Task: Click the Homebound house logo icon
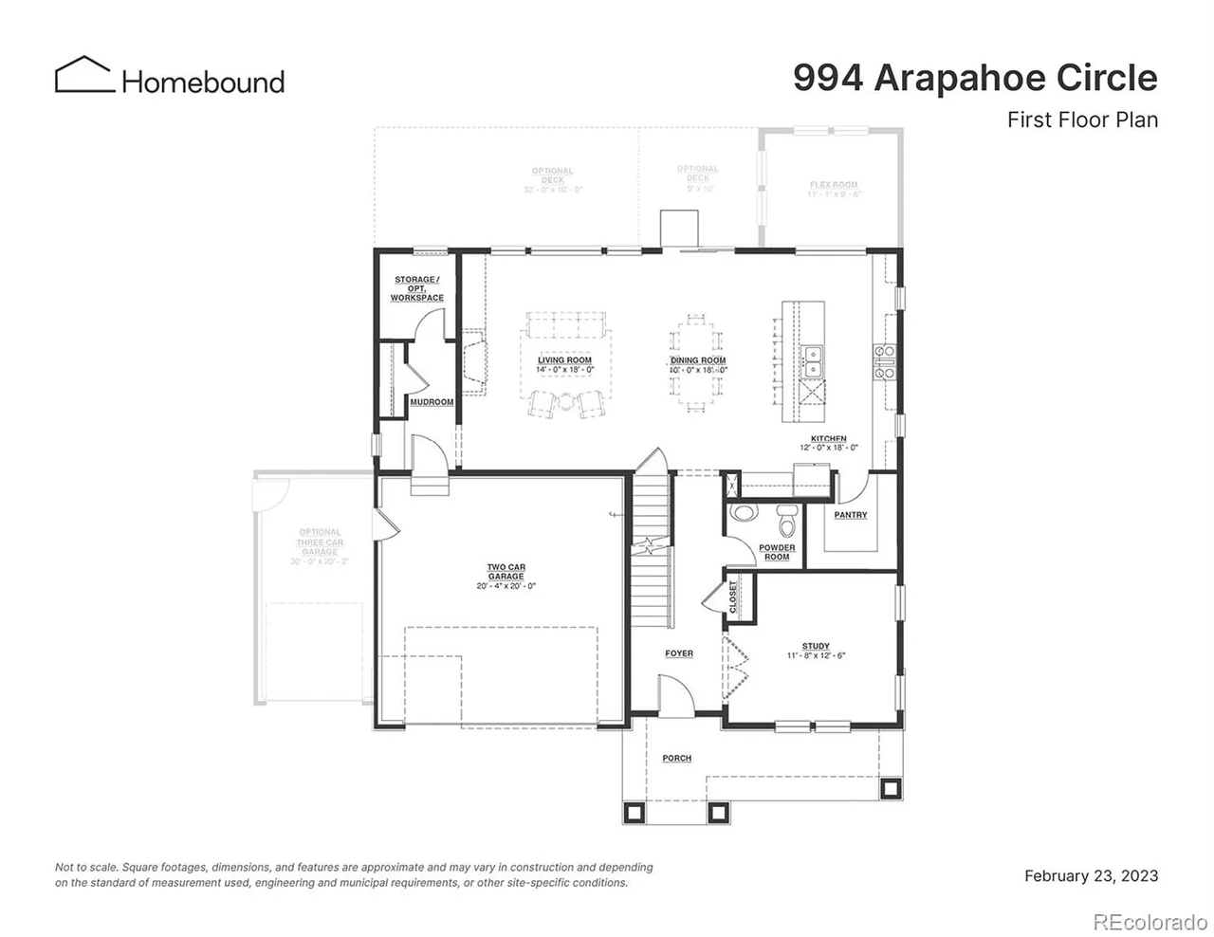[x=83, y=75]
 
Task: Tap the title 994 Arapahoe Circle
[x=975, y=78]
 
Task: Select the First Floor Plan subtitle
[x=1082, y=120]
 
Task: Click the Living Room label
[x=564, y=360]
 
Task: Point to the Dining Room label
[x=698, y=360]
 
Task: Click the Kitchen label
[x=828, y=439]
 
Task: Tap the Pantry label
[x=851, y=515]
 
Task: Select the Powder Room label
[x=777, y=552]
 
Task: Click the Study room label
[x=816, y=647]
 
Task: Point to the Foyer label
[x=679, y=653]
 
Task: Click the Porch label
[x=676, y=759]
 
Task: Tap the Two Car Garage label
[x=506, y=572]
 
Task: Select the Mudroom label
[x=432, y=402]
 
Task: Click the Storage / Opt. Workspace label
[x=416, y=288]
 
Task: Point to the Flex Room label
[x=834, y=185]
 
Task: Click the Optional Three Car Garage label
[x=320, y=542]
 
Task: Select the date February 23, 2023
[x=1091, y=875]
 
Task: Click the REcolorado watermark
[x=1149, y=921]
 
